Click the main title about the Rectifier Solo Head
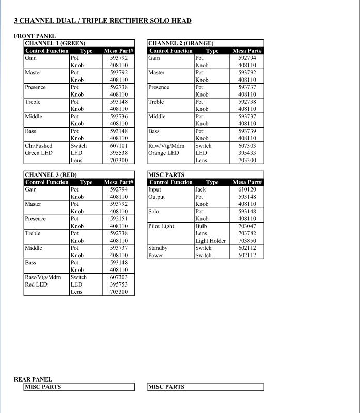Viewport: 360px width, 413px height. click(102, 21)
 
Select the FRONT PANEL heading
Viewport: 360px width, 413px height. click(35, 36)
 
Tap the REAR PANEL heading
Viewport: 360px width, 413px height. click(33, 379)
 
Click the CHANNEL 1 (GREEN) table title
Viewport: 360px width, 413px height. click(55, 43)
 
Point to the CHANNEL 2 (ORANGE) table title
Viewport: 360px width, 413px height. click(181, 43)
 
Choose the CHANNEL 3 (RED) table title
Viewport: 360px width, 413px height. click(51, 175)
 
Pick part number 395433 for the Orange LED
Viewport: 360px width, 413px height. click(247, 153)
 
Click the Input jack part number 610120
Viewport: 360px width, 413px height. click(247, 189)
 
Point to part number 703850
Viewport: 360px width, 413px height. click(247, 241)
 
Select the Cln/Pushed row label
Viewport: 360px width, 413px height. click(39, 146)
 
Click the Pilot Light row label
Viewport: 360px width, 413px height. click(161, 226)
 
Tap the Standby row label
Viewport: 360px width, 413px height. click(158, 248)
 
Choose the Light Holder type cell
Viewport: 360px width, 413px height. click(210, 241)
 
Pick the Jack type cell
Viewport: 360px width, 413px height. click(200, 189)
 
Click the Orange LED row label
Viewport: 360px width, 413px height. click(163, 153)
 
